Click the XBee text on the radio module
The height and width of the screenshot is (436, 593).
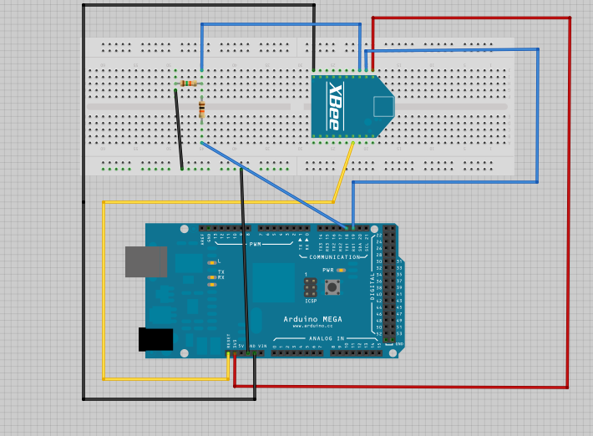point(335,106)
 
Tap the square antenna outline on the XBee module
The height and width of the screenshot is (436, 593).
point(383,106)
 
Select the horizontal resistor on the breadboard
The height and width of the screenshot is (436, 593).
point(189,83)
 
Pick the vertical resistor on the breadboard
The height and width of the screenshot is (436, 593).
point(201,109)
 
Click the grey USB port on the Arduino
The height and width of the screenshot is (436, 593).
point(145,261)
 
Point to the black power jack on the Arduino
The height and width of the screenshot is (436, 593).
point(155,339)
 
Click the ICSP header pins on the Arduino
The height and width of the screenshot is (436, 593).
point(310,287)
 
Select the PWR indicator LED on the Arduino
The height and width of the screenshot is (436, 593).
point(341,271)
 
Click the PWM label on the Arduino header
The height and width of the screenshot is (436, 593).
point(255,244)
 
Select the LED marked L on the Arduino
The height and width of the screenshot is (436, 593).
point(212,262)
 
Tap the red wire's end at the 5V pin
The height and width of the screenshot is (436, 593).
point(235,354)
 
